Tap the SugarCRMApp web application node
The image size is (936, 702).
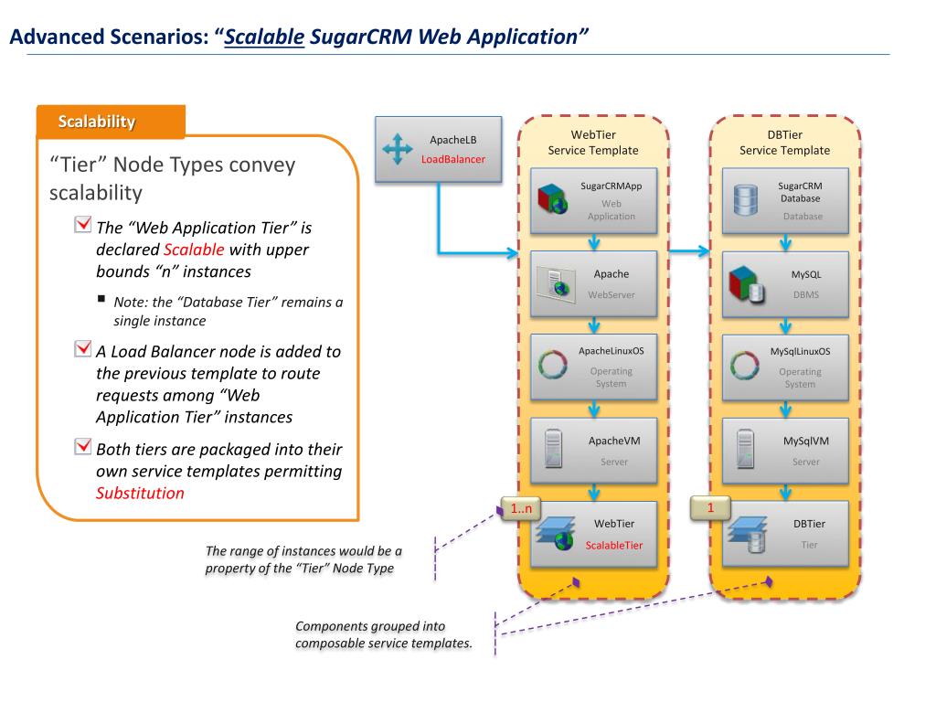click(x=593, y=200)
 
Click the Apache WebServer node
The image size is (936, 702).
click(x=593, y=282)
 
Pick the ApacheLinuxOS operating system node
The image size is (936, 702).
click(x=593, y=367)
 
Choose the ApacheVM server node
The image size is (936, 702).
click(x=593, y=450)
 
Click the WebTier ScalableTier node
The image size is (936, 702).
click(x=593, y=534)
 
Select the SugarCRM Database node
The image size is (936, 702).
click(x=784, y=200)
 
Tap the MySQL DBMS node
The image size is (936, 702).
click(x=784, y=282)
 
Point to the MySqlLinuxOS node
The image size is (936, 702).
click(x=784, y=367)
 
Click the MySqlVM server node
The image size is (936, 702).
click(x=784, y=450)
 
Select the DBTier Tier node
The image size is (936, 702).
click(x=784, y=534)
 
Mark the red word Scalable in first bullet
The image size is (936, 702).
click(x=194, y=249)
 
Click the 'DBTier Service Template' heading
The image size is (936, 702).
click(x=784, y=143)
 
